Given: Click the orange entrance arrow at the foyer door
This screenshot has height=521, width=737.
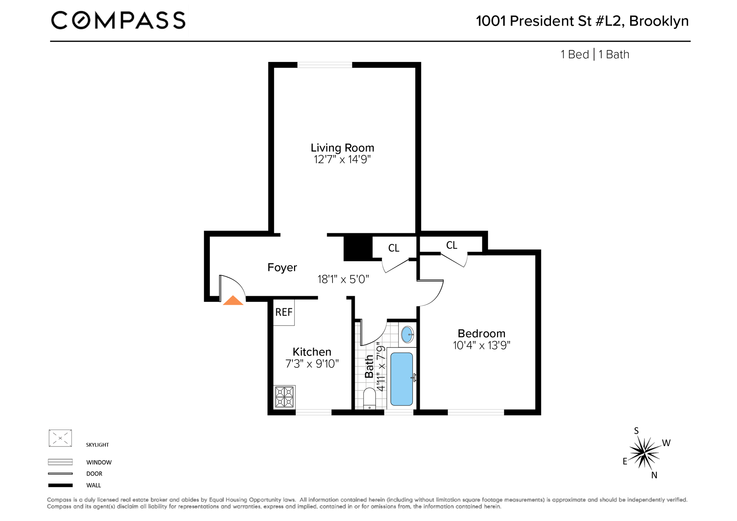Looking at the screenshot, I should [233, 301].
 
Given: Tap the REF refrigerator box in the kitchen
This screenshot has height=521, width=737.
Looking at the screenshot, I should [284, 312].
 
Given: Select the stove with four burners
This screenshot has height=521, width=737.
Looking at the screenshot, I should [284, 397].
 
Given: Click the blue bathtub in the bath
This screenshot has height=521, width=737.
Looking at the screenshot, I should [402, 379].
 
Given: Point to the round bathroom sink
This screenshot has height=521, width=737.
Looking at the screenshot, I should [407, 335].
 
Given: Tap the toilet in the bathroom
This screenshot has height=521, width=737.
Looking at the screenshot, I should [370, 399].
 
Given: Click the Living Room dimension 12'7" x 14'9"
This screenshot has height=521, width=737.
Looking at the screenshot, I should [342, 159].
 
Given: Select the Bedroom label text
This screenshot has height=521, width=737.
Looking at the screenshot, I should [481, 333].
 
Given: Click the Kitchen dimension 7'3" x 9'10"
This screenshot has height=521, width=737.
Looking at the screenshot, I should [312, 364].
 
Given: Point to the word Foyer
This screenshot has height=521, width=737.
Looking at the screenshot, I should [282, 267].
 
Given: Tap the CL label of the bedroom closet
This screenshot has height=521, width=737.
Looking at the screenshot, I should [452, 245].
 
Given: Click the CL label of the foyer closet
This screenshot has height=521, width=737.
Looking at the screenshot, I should [394, 248].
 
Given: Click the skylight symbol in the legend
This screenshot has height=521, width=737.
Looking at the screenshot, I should [60, 438].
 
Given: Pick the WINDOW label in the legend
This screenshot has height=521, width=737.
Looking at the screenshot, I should [99, 462].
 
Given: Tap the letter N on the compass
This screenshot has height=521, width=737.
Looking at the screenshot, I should [654, 475].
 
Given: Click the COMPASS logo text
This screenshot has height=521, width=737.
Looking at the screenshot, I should [118, 20].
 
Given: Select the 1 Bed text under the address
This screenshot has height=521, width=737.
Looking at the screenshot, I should [575, 55].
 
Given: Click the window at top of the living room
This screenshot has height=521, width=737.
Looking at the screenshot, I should [325, 65].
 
